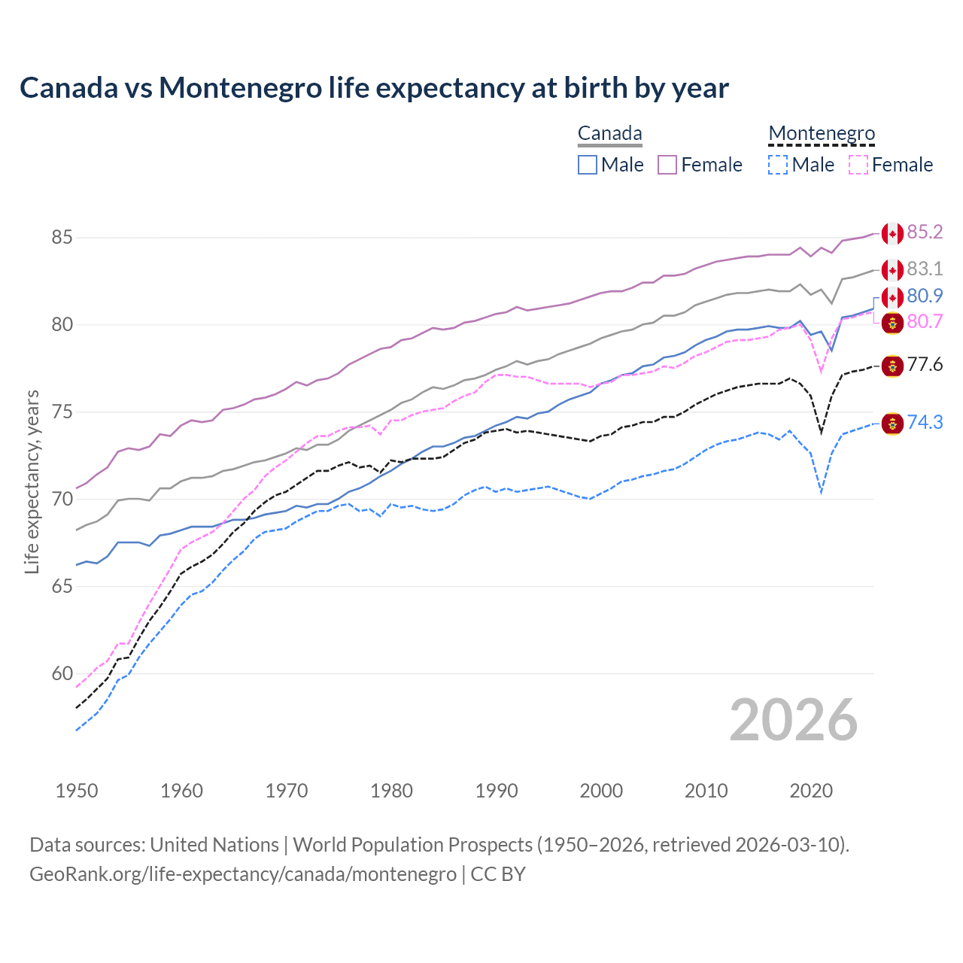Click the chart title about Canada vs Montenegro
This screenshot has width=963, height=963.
[374, 88]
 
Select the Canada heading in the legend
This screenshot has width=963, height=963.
[609, 134]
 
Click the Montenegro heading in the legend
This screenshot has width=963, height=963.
[822, 134]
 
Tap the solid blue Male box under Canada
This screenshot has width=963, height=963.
[588, 165]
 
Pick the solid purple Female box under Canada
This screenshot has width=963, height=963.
[667, 165]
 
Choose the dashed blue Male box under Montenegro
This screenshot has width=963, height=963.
[778, 165]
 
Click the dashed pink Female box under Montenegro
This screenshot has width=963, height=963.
[858, 165]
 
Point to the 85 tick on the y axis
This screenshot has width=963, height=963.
[62, 238]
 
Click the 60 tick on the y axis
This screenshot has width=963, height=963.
[62, 674]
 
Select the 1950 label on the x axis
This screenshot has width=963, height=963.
[77, 791]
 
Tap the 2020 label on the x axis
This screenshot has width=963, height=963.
[811, 791]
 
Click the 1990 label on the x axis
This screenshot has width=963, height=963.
[497, 791]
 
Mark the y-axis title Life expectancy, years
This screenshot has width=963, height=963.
[32, 481]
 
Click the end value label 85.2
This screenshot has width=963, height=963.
[925, 232]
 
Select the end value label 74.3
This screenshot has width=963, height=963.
[925, 423]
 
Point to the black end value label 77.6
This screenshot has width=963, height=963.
[925, 366]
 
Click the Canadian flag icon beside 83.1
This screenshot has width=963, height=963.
[892, 270]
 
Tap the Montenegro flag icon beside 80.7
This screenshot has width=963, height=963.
[892, 323]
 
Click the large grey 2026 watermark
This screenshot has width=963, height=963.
[794, 721]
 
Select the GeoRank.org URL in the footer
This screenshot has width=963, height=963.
[243, 874]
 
